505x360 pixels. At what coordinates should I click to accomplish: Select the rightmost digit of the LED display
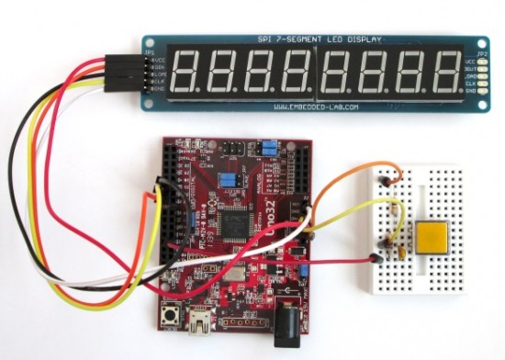[444, 72]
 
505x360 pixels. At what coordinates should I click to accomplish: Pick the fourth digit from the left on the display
[298, 72]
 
